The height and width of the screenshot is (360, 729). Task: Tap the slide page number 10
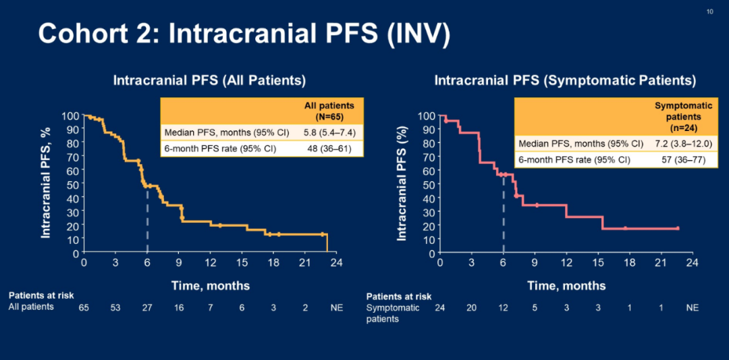(x=709, y=11)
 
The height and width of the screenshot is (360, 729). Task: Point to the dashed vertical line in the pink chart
(x=503, y=216)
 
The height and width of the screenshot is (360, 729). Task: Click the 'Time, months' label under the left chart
(x=210, y=286)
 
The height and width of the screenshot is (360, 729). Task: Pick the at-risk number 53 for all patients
(x=115, y=307)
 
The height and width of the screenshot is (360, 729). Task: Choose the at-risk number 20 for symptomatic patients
(x=470, y=307)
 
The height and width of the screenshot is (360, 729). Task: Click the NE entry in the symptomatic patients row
(x=692, y=307)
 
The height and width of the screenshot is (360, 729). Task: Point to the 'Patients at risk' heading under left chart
(x=41, y=295)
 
